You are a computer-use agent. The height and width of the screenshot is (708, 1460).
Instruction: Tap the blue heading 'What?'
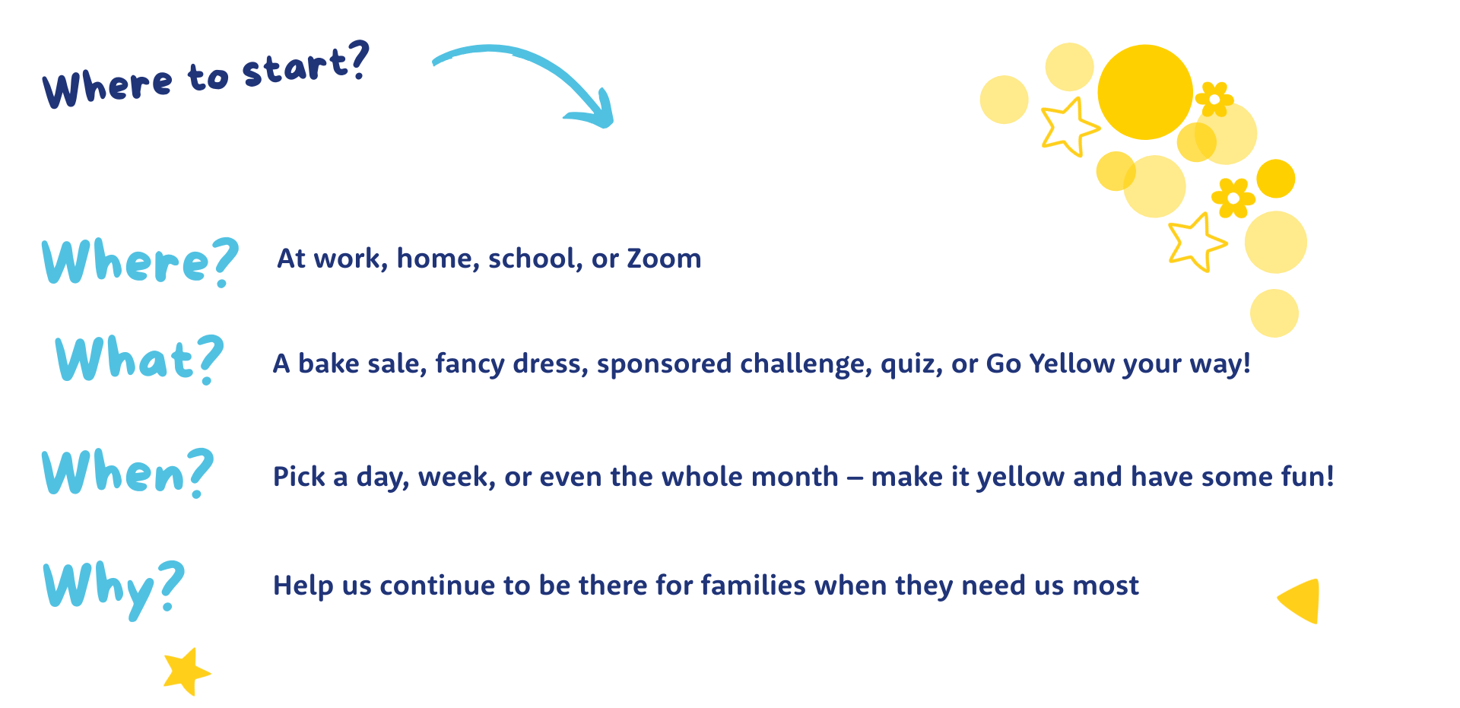(x=140, y=359)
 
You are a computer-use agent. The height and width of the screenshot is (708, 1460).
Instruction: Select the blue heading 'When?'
(x=128, y=472)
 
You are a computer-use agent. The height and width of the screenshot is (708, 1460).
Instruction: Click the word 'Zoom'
(x=664, y=259)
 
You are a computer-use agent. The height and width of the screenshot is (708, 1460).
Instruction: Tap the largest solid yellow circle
(x=1145, y=92)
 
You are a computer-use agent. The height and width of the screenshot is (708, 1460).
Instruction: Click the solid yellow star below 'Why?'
(x=186, y=671)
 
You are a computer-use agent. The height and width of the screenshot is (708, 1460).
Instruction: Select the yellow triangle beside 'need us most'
(x=1301, y=601)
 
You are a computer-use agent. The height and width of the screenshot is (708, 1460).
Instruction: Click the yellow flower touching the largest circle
(x=1214, y=100)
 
